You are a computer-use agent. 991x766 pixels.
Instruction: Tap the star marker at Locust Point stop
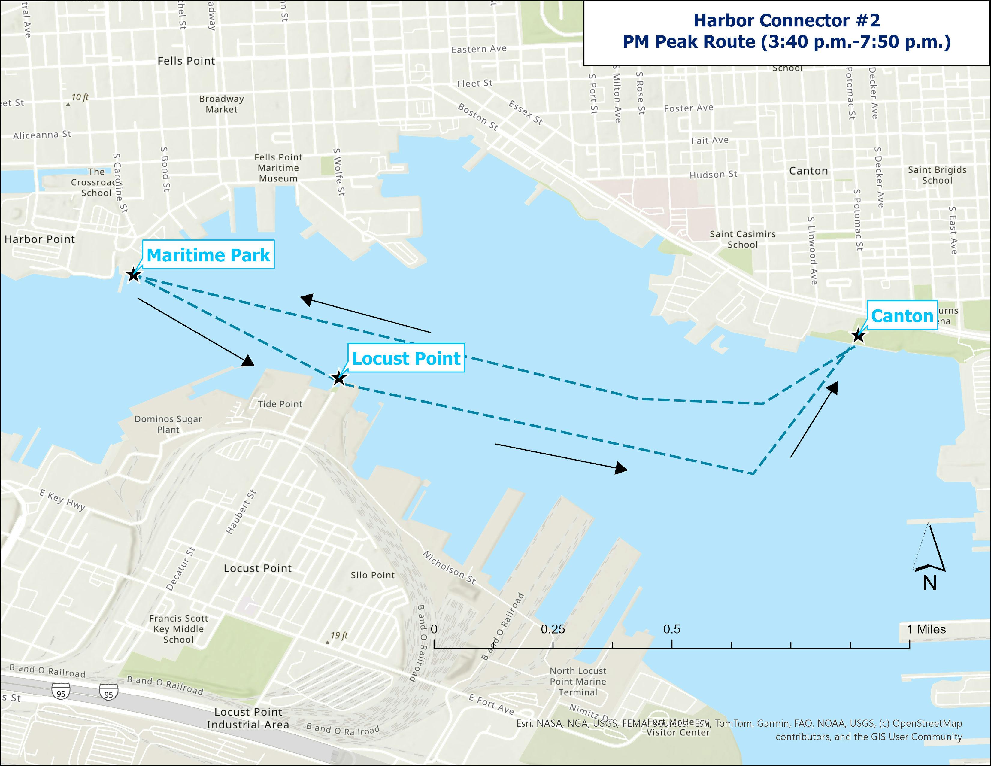tap(338, 378)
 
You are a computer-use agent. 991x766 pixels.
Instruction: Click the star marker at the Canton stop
tap(858, 336)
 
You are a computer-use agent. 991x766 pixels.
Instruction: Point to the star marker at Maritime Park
tap(133, 275)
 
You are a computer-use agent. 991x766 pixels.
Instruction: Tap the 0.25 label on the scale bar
tap(553, 629)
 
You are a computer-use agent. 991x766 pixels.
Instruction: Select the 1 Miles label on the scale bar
tap(926, 629)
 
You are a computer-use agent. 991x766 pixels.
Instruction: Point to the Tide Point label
tap(280, 404)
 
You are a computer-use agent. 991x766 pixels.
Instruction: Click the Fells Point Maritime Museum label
tap(278, 168)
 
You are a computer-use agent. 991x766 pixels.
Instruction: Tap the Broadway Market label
tap(221, 104)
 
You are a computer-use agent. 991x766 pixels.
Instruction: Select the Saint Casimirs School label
tap(742, 239)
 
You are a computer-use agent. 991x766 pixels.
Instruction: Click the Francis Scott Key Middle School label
tap(179, 629)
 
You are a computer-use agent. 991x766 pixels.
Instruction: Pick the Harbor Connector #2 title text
tap(786, 20)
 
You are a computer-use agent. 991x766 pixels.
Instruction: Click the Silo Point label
tap(373, 575)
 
